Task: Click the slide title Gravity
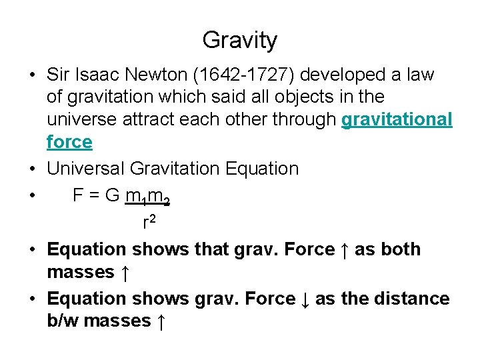[239, 41]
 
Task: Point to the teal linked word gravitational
[397, 119]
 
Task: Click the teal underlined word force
[69, 142]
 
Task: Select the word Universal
[85, 169]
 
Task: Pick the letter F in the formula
[77, 195]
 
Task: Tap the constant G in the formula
[112, 195]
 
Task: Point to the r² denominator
[149, 221]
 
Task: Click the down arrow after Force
[305, 299]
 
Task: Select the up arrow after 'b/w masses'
[161, 321]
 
